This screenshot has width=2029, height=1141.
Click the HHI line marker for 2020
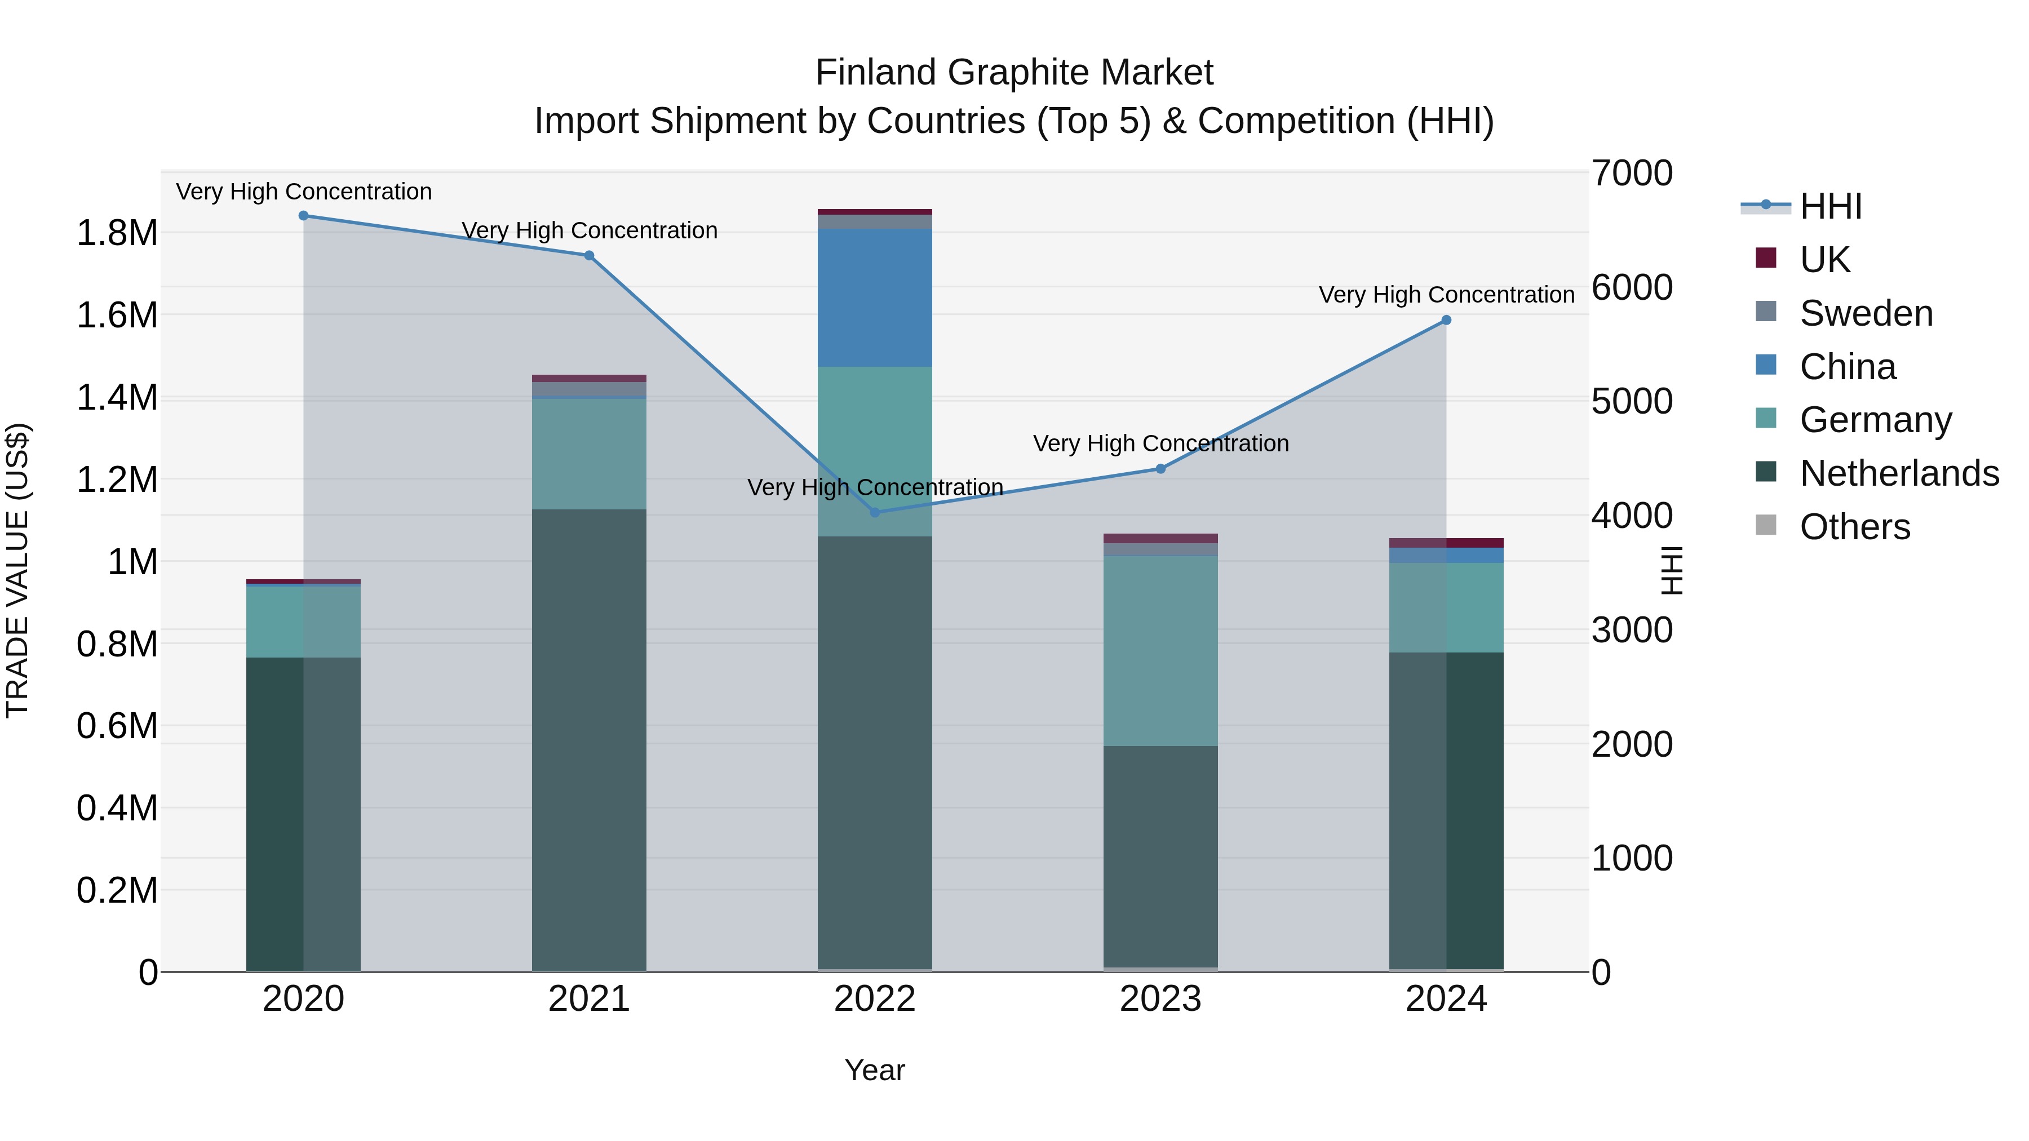click(x=303, y=216)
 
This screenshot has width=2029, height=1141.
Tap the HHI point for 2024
click(x=1446, y=321)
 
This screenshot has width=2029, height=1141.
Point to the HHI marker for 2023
click(x=1160, y=469)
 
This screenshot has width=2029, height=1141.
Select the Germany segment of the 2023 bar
click(x=1160, y=650)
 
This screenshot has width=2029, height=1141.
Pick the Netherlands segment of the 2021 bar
click(x=588, y=740)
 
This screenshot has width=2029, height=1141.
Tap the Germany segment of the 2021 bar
click(x=588, y=454)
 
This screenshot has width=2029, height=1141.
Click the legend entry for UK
click(x=1824, y=260)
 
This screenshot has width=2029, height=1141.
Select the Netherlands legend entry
click(x=1899, y=473)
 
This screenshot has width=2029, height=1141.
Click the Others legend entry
click(x=1854, y=527)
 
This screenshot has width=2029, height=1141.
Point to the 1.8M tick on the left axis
click(x=117, y=233)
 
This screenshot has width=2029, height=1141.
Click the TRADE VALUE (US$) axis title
click(x=17, y=570)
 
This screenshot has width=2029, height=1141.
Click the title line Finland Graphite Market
click(x=1014, y=73)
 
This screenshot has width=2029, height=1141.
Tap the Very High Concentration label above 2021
click(x=589, y=230)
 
